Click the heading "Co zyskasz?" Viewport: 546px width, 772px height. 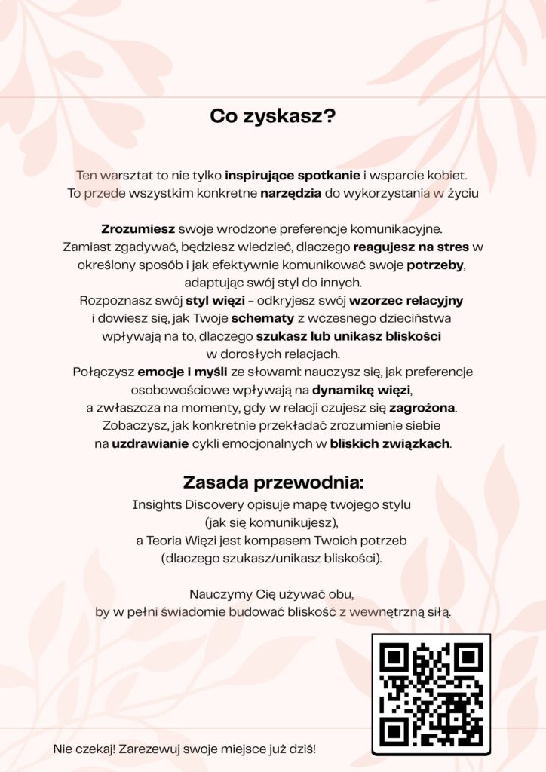272,117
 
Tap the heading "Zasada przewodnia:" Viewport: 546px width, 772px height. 272,482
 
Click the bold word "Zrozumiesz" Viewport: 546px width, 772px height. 138,228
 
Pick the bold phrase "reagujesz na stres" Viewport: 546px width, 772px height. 411,246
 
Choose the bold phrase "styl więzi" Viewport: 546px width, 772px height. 213,300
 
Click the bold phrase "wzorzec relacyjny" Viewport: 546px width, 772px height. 416,300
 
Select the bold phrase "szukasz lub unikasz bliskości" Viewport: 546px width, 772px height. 348,336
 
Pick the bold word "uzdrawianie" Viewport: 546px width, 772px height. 150,443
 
